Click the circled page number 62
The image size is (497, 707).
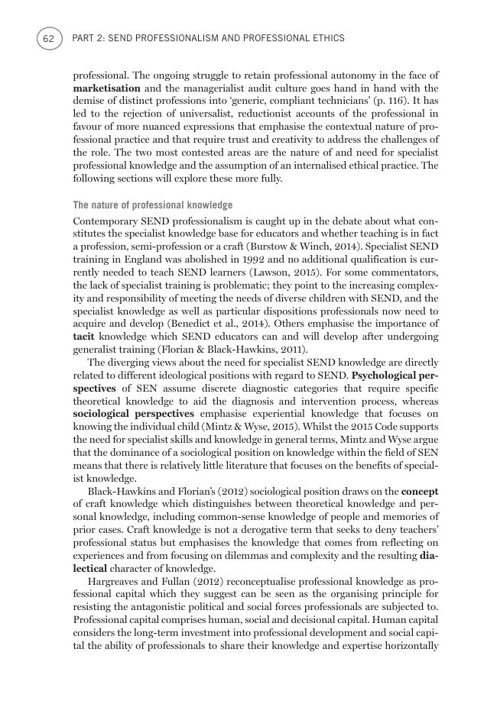pos(48,37)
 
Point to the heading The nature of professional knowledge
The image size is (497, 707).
pos(152,205)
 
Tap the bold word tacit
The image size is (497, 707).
pos(83,336)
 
